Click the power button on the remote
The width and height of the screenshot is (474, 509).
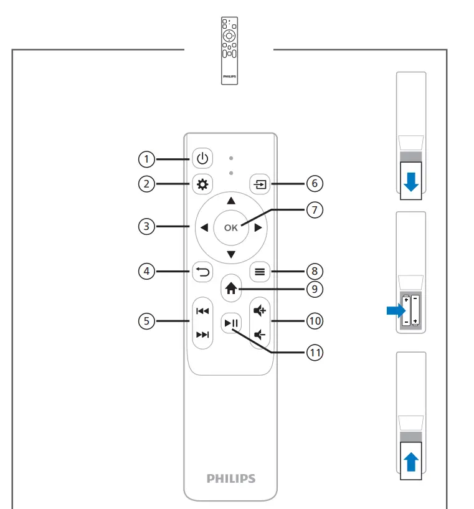pyautogui.click(x=201, y=159)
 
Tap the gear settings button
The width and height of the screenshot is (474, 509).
pyautogui.click(x=201, y=184)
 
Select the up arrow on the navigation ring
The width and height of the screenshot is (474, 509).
pyautogui.click(x=231, y=201)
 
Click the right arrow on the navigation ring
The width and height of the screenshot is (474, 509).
pyautogui.click(x=257, y=227)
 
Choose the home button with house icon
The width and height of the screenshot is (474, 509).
pyautogui.click(x=231, y=288)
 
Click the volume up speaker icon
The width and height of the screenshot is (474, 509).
pyautogui.click(x=259, y=310)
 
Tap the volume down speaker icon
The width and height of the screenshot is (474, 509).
pyautogui.click(x=259, y=334)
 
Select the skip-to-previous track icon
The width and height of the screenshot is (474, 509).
pyautogui.click(x=202, y=310)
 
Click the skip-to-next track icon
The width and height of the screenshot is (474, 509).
pyautogui.click(x=202, y=335)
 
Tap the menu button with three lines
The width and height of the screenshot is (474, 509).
pyautogui.click(x=259, y=271)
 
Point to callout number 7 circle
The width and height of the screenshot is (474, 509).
pyautogui.click(x=315, y=210)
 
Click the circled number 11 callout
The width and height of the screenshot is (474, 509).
pyautogui.click(x=315, y=353)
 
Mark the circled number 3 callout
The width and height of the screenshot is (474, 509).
pyautogui.click(x=146, y=227)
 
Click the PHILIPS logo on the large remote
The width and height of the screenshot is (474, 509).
pyautogui.click(x=231, y=478)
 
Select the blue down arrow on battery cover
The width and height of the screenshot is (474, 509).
pyautogui.click(x=411, y=181)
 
